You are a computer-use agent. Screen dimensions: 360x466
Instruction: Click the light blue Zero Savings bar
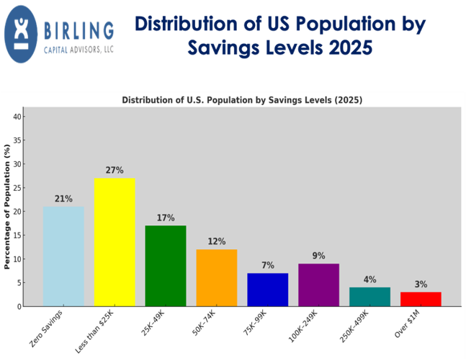(63, 256)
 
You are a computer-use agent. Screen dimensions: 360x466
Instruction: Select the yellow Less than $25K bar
(115, 242)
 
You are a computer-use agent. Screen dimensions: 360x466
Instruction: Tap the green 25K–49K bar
(166, 266)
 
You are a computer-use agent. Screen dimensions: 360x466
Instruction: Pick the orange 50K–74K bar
(217, 277)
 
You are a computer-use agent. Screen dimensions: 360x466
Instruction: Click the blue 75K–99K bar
(268, 289)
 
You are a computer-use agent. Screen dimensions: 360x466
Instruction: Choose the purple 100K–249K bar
(318, 284)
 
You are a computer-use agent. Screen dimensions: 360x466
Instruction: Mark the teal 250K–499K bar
(369, 297)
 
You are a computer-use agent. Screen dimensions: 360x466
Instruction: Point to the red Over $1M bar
(421, 299)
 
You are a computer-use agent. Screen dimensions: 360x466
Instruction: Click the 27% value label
(115, 171)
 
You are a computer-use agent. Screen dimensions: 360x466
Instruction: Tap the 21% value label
(63, 199)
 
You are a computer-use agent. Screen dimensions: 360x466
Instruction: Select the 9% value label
(318, 256)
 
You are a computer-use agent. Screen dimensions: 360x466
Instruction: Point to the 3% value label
(421, 284)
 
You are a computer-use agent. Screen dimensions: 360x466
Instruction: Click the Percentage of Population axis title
(8, 206)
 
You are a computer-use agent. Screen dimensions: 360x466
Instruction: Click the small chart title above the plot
(242, 99)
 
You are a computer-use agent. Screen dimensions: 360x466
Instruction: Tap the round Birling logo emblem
(24, 34)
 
